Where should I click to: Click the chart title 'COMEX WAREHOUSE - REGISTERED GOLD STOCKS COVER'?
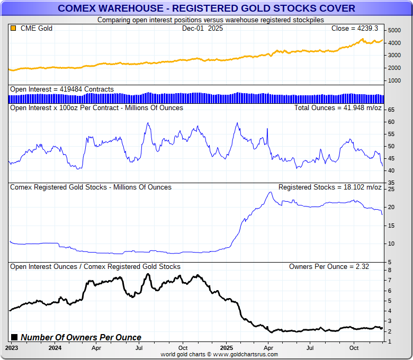point(206,8)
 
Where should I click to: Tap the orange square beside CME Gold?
point(13,28)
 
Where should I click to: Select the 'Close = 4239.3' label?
point(354,28)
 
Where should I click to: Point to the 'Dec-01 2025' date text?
point(202,28)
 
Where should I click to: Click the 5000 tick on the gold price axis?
point(393,30)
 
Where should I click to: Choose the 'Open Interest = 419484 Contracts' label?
point(61,89)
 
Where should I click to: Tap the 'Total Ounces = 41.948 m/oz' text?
point(337,107)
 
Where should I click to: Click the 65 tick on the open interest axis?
point(391,110)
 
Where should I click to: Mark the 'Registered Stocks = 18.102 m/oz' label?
point(329,187)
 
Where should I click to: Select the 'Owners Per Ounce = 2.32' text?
point(329,266)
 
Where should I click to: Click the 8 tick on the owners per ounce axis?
point(389,271)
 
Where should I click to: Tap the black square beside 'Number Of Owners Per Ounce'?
point(14,337)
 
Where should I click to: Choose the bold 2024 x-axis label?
point(55,348)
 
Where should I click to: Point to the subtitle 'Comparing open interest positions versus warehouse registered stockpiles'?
point(206,20)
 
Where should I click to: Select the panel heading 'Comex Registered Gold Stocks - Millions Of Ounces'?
point(91,187)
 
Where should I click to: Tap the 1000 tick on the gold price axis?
point(393,80)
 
